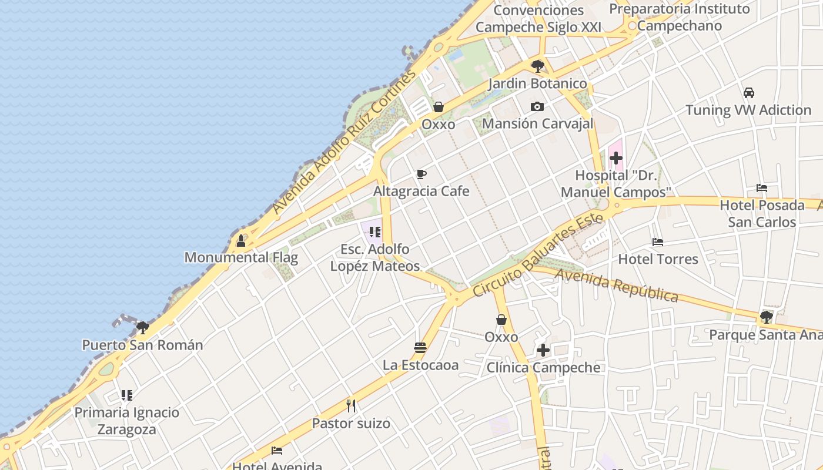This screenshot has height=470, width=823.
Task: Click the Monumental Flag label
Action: tap(241, 257)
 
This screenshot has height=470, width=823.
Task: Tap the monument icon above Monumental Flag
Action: tap(240, 240)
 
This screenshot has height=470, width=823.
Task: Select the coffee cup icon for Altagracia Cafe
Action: tap(421, 174)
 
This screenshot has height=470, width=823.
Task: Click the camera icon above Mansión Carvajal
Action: tap(537, 106)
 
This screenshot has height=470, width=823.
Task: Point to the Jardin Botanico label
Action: tap(537, 83)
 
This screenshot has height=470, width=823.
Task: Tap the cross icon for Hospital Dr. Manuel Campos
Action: tap(615, 158)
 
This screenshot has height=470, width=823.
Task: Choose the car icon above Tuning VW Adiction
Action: tap(748, 93)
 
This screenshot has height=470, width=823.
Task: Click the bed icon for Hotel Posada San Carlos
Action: tap(762, 188)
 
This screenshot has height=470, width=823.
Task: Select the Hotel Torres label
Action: tap(658, 259)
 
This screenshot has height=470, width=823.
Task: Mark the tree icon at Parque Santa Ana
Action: tap(766, 317)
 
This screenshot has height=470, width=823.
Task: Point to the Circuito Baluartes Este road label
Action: tap(538, 255)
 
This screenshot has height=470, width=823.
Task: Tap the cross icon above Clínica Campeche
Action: tap(543, 351)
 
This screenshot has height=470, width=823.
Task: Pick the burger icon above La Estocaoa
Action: tap(420, 347)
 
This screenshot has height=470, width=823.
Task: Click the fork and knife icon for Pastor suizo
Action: tap(351, 406)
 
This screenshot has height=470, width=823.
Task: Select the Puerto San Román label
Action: tap(142, 345)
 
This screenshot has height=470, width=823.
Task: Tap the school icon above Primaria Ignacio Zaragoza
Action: tap(127, 395)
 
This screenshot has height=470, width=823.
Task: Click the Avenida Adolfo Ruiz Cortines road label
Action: tap(344, 143)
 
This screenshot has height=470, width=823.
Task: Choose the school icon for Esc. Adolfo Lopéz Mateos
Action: tap(375, 232)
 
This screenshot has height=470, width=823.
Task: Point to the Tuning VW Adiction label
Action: tap(748, 110)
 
